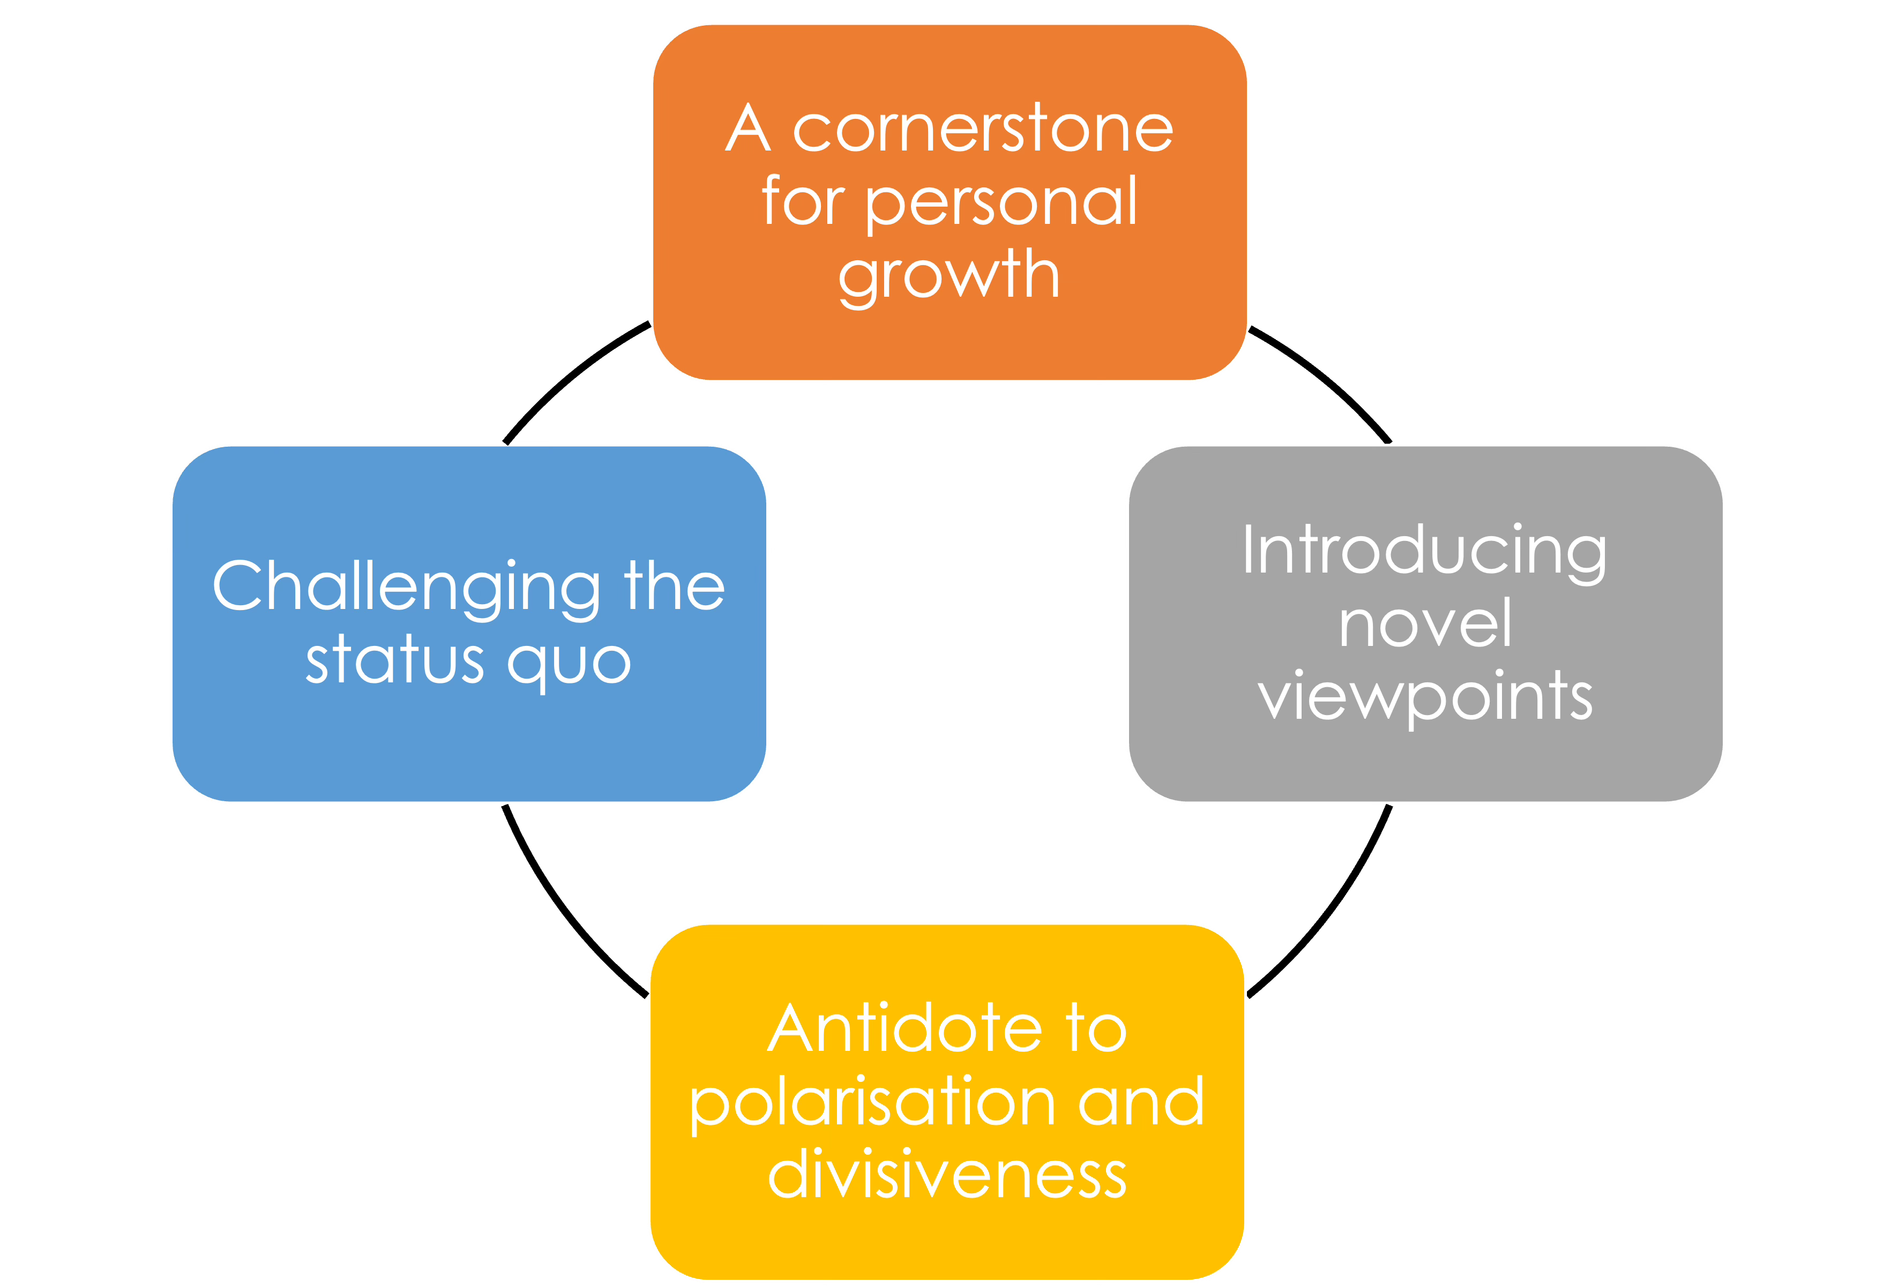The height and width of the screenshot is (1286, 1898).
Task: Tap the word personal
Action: tap(1000, 202)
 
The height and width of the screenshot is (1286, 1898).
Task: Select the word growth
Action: tap(949, 276)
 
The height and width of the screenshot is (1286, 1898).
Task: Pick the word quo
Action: tap(569, 663)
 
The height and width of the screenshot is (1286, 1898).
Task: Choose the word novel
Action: tap(1425, 624)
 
